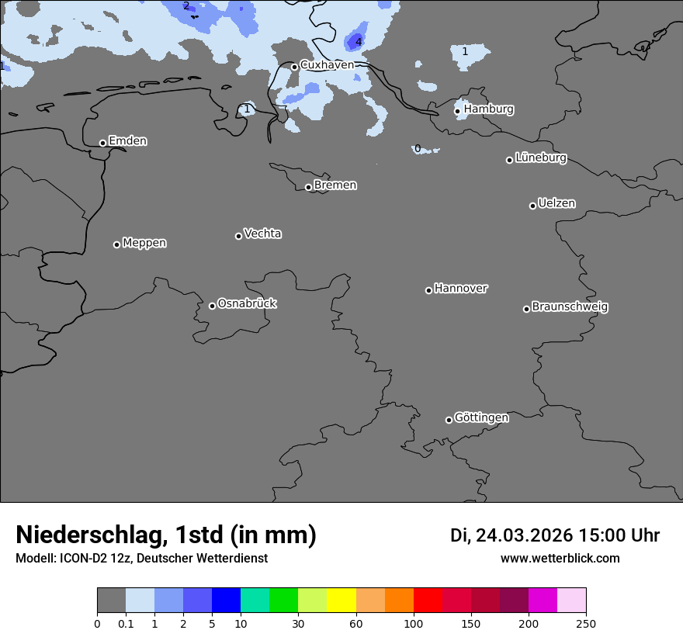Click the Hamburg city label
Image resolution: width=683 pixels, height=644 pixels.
pyautogui.click(x=488, y=109)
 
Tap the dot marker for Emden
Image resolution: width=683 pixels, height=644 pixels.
pyautogui.click(x=102, y=143)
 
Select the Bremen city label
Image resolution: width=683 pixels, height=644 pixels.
pyautogui.click(x=335, y=185)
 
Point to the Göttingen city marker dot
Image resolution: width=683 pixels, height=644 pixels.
pyautogui.click(x=449, y=420)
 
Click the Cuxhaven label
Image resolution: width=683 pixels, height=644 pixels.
pyautogui.click(x=327, y=65)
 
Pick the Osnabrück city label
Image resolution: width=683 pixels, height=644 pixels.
pyautogui.click(x=247, y=303)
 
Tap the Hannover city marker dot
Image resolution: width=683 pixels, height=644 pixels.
pyautogui.click(x=428, y=290)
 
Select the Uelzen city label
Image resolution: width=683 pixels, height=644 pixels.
pyautogui.click(x=556, y=203)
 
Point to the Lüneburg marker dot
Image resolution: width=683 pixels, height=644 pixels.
pyautogui.click(x=509, y=160)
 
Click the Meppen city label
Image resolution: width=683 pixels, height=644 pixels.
pyautogui.click(x=144, y=243)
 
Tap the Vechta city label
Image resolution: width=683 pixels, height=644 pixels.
pyautogui.click(x=262, y=234)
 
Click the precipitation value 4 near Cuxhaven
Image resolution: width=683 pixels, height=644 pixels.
pyautogui.click(x=359, y=42)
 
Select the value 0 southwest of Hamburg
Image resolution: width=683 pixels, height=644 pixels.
pyautogui.click(x=418, y=148)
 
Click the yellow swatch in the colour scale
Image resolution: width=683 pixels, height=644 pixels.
pyautogui.click(x=341, y=601)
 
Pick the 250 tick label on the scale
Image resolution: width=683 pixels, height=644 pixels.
pyautogui.click(x=585, y=623)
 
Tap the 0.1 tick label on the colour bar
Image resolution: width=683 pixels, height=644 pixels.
pyautogui.click(x=126, y=623)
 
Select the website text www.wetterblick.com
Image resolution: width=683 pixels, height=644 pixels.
pyautogui.click(x=560, y=559)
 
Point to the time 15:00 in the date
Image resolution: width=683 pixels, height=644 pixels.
pyautogui.click(x=596, y=535)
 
